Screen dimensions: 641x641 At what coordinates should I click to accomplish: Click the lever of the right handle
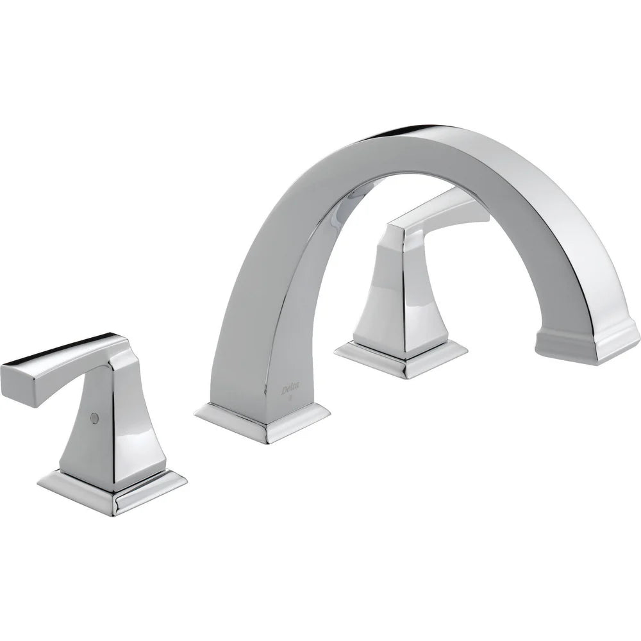pyautogui.click(x=442, y=218)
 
